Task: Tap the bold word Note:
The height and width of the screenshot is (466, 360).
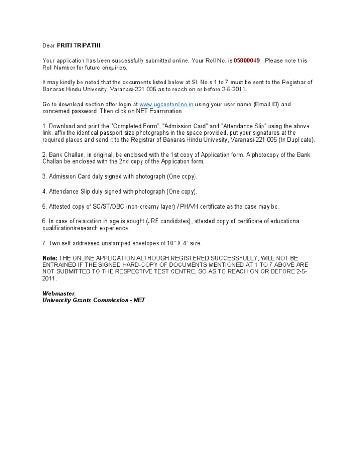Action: pos(50,258)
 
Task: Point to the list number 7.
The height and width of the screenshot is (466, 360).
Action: pos(45,243)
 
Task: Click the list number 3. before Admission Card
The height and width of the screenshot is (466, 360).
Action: pos(45,177)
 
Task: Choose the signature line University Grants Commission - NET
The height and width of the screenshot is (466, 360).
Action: pos(94,300)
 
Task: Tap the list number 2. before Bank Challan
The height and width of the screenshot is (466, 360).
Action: pos(45,155)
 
